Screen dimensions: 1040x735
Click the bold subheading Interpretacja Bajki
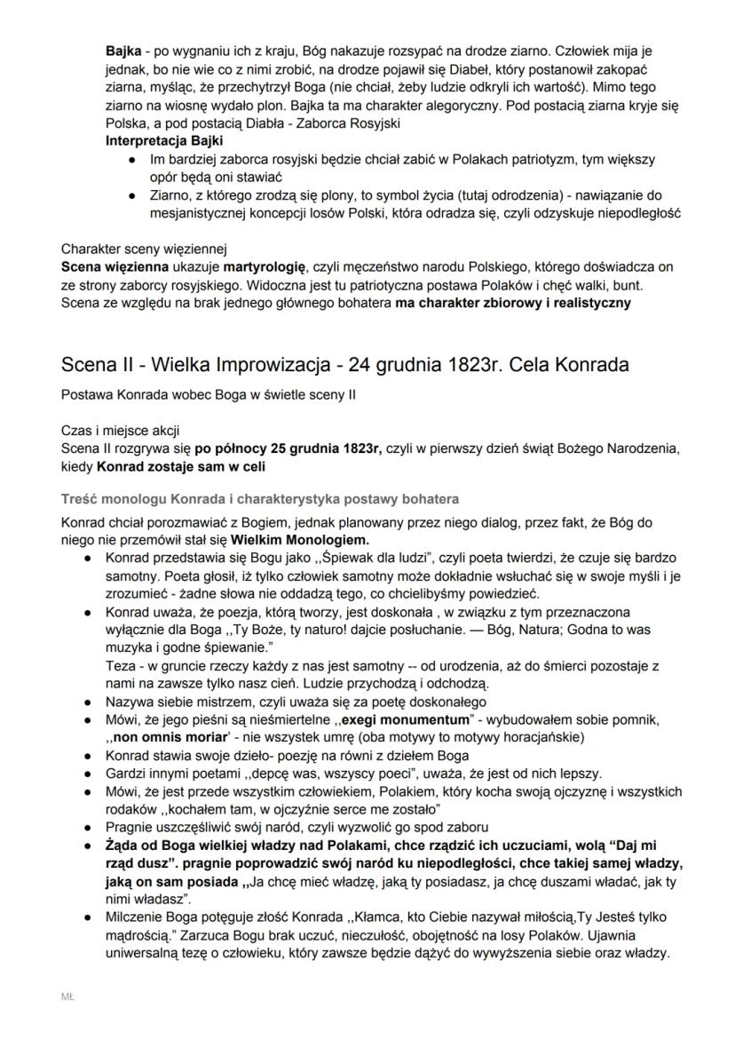tap(164, 141)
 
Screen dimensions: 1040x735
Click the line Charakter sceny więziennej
tap(145, 249)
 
